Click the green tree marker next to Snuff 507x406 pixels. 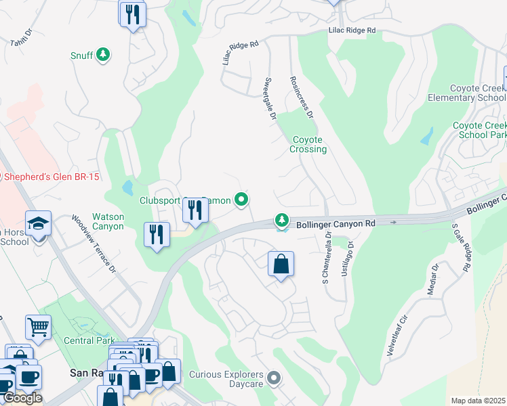click(x=102, y=54)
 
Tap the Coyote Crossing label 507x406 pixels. click(x=308, y=144)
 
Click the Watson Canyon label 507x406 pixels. click(x=108, y=221)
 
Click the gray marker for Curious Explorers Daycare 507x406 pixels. click(x=273, y=378)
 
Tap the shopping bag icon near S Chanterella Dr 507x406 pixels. click(x=281, y=265)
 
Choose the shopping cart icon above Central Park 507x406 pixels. click(x=38, y=327)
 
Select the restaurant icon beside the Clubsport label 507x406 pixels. click(x=195, y=210)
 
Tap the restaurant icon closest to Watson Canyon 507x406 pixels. click(x=157, y=235)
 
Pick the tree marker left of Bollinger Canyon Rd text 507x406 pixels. click(x=281, y=220)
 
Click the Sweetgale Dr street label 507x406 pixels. click(x=269, y=99)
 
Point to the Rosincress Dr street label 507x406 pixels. click(x=301, y=96)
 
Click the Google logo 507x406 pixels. click(x=22, y=398)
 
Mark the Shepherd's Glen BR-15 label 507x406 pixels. click(x=51, y=177)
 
